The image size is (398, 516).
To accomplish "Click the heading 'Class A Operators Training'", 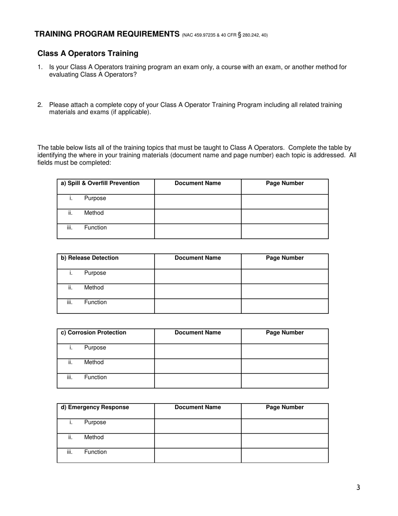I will click(88, 53).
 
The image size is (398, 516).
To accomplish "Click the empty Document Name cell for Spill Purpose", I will click(197, 201).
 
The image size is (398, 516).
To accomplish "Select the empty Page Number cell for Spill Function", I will click(284, 231).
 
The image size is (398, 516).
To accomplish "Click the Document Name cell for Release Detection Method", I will click(197, 291).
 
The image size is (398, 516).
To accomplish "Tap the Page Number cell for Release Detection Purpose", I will click(284, 276).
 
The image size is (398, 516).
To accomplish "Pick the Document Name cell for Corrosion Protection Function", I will click(197, 380).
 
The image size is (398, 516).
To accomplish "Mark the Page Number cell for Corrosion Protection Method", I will click(284, 366).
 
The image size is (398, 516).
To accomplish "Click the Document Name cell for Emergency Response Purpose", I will click(197, 426).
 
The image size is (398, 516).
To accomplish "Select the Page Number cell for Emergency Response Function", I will click(284, 455).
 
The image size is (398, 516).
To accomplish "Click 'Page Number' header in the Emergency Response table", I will click(285, 407).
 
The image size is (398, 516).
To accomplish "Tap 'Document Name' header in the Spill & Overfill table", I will click(197, 183).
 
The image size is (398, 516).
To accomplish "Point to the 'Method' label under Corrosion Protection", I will click(94, 362).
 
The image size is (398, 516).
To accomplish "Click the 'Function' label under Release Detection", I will click(96, 302).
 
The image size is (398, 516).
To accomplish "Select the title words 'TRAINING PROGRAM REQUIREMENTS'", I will click(107, 34).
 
